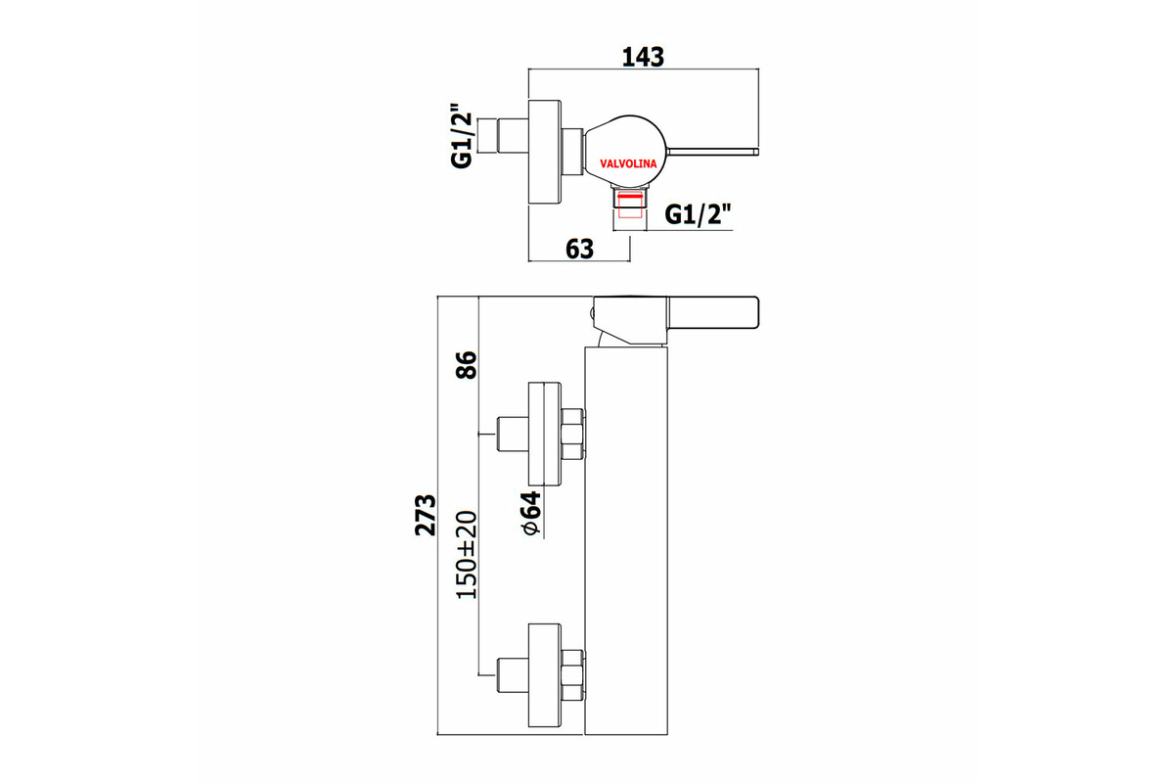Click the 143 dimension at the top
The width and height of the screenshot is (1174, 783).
click(643, 57)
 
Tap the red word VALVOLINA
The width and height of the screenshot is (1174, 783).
click(628, 163)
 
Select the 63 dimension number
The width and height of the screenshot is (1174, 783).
click(579, 250)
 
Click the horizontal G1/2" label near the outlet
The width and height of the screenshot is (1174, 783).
click(698, 214)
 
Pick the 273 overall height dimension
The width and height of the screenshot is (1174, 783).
click(426, 515)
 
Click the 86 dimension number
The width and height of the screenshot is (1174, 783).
click(467, 365)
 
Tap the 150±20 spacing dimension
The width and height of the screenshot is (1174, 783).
click(467, 554)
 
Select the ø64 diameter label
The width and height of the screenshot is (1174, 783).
click(531, 514)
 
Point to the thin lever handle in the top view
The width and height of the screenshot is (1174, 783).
click(712, 152)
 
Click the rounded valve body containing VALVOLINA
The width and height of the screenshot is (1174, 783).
click(625, 151)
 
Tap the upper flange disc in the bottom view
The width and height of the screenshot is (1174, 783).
click(545, 434)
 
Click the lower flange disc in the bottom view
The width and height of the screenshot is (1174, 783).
click(545, 675)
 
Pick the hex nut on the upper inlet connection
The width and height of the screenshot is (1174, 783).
click(571, 434)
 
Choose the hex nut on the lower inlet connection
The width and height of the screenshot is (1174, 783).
click(571, 675)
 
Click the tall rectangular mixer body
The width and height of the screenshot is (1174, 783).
click(626, 540)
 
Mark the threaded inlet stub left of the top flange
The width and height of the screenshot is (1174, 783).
click(512, 136)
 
